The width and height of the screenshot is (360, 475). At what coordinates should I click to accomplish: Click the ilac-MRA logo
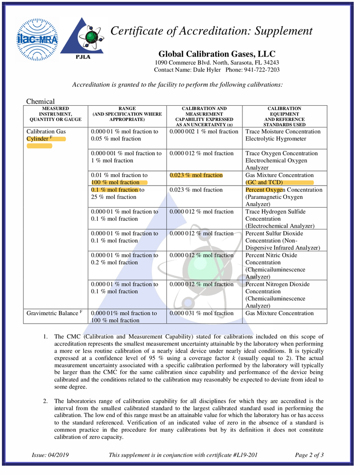(37, 40)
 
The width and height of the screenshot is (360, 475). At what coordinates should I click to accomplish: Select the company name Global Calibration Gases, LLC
(217, 54)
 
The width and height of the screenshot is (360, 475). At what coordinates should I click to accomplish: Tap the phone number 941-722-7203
(260, 70)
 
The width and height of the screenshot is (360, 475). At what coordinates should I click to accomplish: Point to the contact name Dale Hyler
(207, 70)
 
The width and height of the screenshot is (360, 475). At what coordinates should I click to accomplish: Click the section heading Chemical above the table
(40, 101)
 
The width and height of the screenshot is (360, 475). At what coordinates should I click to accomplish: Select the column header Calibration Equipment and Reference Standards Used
(284, 117)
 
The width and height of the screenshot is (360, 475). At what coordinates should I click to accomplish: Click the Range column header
(127, 114)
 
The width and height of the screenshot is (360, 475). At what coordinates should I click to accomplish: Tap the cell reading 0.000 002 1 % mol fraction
(204, 131)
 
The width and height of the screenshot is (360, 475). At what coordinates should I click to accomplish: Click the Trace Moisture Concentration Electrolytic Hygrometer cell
(283, 135)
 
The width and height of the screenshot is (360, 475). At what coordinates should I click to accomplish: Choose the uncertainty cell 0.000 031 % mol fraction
(201, 313)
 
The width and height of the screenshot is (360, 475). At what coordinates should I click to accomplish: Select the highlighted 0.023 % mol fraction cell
(196, 175)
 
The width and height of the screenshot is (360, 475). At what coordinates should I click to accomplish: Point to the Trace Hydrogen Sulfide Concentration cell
(283, 218)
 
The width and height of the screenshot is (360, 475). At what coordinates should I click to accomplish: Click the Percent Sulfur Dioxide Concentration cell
(283, 240)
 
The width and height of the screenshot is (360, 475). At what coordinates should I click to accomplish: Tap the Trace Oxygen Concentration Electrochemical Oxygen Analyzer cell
(283, 160)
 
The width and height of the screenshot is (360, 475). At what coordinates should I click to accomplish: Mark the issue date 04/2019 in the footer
(50, 455)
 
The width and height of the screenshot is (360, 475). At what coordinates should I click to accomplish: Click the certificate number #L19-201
(243, 455)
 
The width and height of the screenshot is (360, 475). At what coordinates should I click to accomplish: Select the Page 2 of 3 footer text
(310, 455)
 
